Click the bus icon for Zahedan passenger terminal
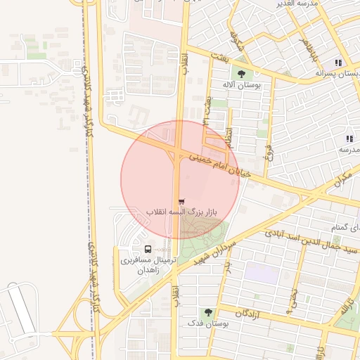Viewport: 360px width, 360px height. pos(148,249)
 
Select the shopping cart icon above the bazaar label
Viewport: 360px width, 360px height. pos(182,202)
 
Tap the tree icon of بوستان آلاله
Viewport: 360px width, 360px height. pos(242,74)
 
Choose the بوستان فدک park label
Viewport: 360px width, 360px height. pos(206,323)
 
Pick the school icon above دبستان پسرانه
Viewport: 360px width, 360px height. pos(338,63)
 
